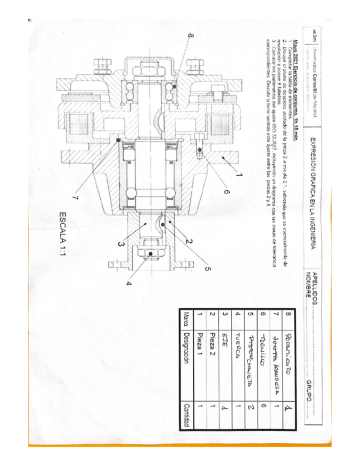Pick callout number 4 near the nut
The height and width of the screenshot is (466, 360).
130,284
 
